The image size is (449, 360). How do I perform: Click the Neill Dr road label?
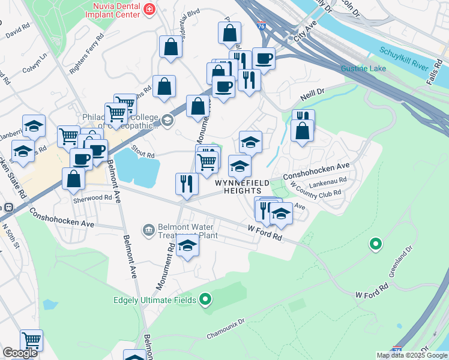[x=312, y=94]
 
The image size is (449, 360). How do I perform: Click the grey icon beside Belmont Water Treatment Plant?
[x=148, y=229]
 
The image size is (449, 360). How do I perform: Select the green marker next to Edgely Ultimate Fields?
[x=205, y=298]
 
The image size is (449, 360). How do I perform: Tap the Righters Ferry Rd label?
[x=86, y=59]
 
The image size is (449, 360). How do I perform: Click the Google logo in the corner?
[x=20, y=353]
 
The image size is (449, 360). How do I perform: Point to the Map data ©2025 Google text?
[x=412, y=355]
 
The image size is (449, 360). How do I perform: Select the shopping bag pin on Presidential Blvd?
[x=170, y=47]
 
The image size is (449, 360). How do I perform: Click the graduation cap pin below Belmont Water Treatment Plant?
[x=188, y=247]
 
